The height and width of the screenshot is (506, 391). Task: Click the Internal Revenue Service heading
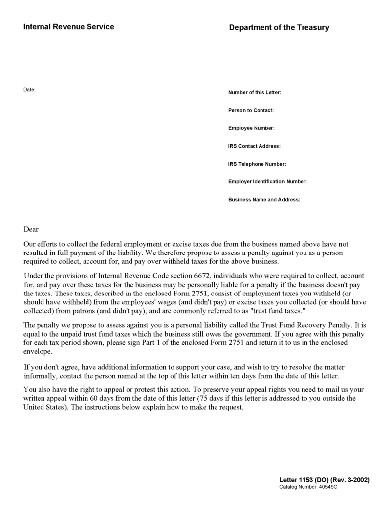click(68, 27)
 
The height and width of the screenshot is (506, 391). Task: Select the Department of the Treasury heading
click(279, 28)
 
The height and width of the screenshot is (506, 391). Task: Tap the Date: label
click(29, 89)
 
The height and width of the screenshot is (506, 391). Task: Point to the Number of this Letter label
click(255, 93)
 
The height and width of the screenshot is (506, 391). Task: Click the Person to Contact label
click(251, 111)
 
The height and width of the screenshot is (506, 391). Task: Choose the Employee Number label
click(251, 128)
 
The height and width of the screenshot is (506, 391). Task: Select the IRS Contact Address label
click(254, 146)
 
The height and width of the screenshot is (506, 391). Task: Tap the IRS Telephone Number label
click(257, 164)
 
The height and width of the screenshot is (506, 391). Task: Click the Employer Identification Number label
click(267, 182)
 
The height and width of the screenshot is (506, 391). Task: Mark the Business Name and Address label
click(264, 200)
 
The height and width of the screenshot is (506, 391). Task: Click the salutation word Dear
click(31, 229)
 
